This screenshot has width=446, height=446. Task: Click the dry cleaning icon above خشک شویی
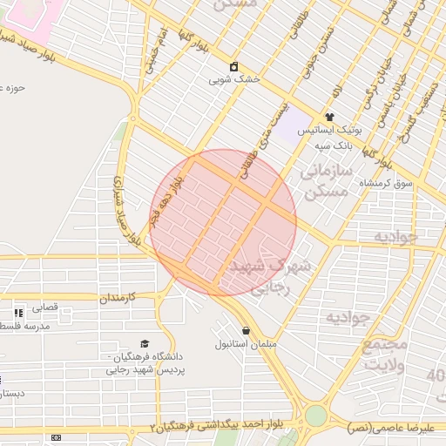click(234, 66)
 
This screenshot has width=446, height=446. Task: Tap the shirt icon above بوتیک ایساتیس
click(329, 117)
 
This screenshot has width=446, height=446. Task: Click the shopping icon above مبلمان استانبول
click(247, 331)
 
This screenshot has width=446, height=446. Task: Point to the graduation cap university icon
click(145, 344)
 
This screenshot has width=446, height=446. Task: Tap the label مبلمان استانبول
click(247, 345)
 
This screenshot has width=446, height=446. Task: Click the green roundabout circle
click(315, 416)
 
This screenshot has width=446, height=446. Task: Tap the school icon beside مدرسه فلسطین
click(18, 312)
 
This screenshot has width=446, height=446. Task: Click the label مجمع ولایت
click(383, 355)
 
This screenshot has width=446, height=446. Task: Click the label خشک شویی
click(234, 79)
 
